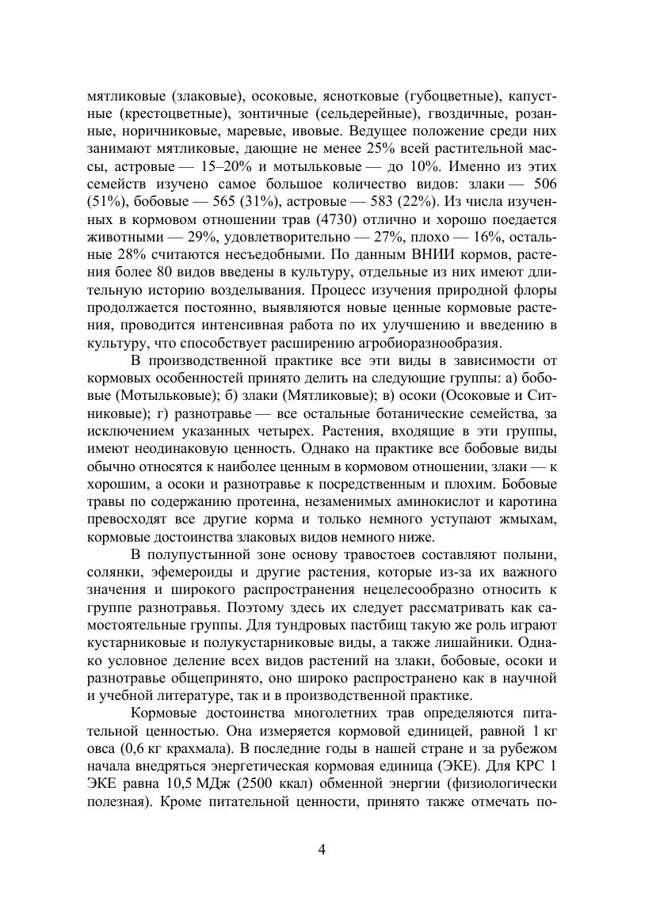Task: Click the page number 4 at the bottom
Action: [322, 850]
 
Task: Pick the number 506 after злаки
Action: [540, 183]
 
